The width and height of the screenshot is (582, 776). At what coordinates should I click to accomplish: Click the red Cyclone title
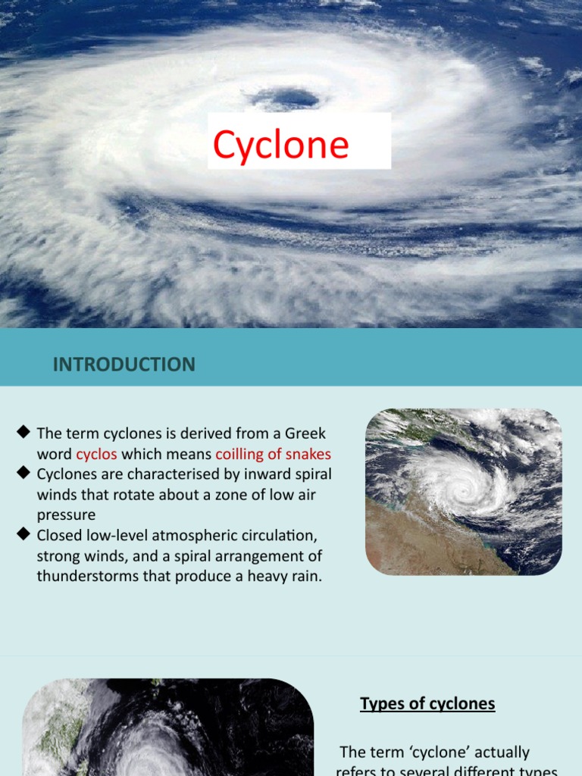pyautogui.click(x=281, y=144)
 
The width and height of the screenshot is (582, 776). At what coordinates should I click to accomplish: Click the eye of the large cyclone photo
pyautogui.click(x=286, y=99)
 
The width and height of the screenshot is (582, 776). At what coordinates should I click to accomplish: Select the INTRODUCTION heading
pyautogui.click(x=124, y=365)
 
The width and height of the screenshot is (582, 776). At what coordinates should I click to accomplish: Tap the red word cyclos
pyautogui.click(x=96, y=455)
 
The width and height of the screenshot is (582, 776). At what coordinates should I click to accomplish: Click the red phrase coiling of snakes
pyautogui.click(x=274, y=455)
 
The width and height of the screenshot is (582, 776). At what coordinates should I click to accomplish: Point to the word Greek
pyautogui.click(x=305, y=433)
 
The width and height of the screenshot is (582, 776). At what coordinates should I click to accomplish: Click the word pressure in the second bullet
pyautogui.click(x=65, y=515)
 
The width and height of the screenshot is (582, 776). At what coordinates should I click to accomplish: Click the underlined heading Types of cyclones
pyautogui.click(x=427, y=704)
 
